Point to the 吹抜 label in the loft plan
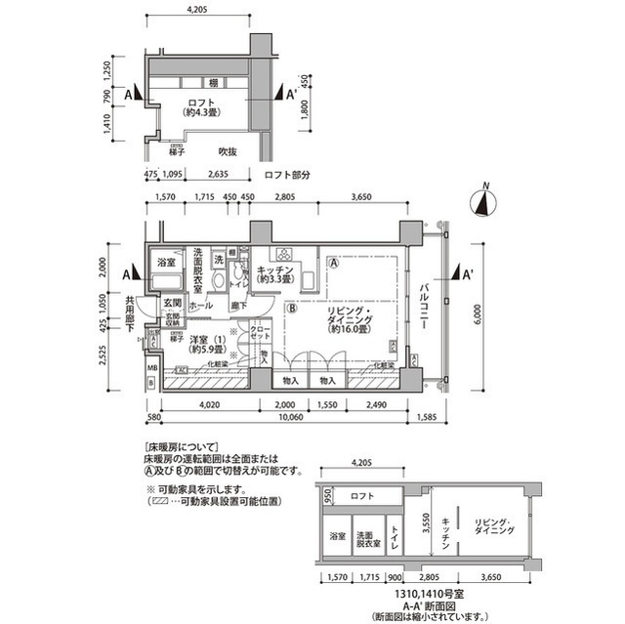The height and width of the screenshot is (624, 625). [x=228, y=151]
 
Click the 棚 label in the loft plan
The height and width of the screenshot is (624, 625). [x=212, y=83]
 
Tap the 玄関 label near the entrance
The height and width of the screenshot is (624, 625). [x=172, y=304]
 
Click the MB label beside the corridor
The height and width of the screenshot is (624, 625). [x=151, y=368]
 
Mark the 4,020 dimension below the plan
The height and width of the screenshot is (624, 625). [x=208, y=404]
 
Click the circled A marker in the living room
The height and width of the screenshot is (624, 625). [x=334, y=263]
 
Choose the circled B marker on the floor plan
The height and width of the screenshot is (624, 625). [x=291, y=309]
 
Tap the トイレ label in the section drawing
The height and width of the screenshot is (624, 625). [x=396, y=536]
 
